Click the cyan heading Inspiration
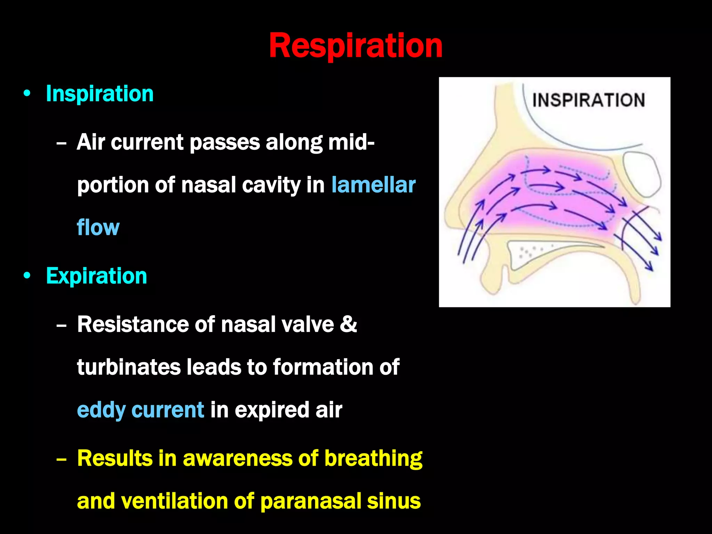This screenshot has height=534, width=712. [100, 94]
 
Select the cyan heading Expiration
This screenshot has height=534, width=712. [96, 276]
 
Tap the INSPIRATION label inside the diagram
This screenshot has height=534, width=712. [589, 100]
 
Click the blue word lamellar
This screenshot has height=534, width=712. [373, 185]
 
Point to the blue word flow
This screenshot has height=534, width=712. [98, 228]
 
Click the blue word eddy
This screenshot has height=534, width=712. [101, 410]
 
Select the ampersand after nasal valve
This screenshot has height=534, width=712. [348, 324]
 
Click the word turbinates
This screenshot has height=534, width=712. [129, 367]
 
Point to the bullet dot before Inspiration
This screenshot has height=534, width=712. [27, 94]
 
